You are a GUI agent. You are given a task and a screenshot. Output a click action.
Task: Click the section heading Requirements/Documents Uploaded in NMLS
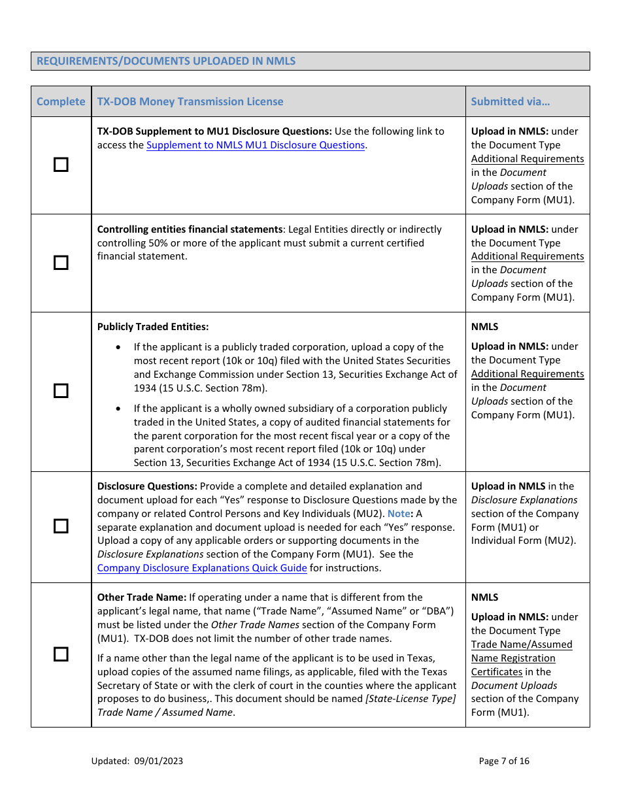tap(166, 61)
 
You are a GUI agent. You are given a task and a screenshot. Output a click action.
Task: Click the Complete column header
tap(61, 101)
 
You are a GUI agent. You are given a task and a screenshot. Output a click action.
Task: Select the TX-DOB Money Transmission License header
tap(190, 101)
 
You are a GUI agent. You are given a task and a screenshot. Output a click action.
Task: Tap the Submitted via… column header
tap(510, 101)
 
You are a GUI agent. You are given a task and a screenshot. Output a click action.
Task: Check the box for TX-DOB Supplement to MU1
tap(61, 165)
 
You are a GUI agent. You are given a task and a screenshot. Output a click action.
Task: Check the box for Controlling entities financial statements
tap(61, 263)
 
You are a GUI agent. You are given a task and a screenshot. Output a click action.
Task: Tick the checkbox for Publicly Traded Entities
tap(61, 391)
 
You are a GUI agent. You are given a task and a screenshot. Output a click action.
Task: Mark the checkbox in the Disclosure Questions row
tap(61, 526)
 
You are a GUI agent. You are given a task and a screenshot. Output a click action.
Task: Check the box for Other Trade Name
tap(61, 654)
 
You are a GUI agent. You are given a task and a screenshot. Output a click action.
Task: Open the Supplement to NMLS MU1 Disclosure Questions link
tap(256, 145)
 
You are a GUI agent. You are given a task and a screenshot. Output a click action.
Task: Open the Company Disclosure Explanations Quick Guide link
tap(202, 568)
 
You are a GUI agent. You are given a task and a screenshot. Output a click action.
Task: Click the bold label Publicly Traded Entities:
tap(153, 327)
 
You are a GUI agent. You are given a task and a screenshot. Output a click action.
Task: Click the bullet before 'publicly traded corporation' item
tap(118, 347)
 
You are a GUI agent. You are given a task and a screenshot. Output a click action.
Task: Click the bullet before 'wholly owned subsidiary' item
tap(118, 409)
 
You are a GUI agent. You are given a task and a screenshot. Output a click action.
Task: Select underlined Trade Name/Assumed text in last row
tap(522, 645)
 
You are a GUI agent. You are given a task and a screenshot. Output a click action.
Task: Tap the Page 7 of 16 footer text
tap(504, 761)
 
